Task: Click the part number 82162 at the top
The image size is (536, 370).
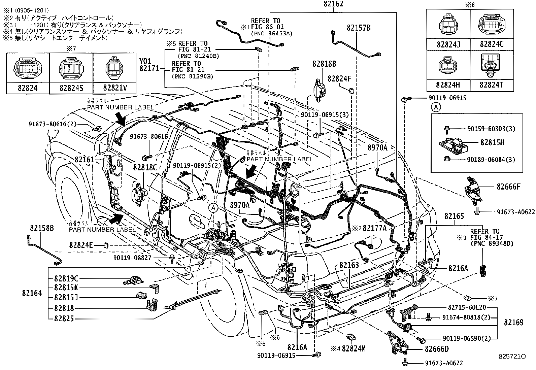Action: pyautogui.click(x=333, y=4)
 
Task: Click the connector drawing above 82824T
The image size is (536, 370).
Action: pyautogui.click(x=492, y=64)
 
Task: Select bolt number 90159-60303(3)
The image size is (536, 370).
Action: pyautogui.click(x=491, y=129)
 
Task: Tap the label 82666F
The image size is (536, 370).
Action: pyautogui.click(x=508, y=186)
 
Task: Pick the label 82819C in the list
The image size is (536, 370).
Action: pyautogui.click(x=66, y=278)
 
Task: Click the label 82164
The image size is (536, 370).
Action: pyautogui.click(x=32, y=294)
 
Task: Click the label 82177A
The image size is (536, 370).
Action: pyautogui.click(x=374, y=228)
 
